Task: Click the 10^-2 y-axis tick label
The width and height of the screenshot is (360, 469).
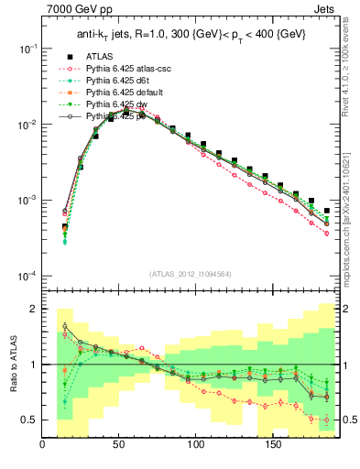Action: tap(28, 124)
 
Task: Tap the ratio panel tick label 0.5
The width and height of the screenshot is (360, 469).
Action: tap(30, 420)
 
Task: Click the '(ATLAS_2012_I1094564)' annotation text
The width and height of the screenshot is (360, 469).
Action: tap(191, 273)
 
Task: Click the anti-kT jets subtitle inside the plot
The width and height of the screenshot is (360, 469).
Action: tap(191, 35)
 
